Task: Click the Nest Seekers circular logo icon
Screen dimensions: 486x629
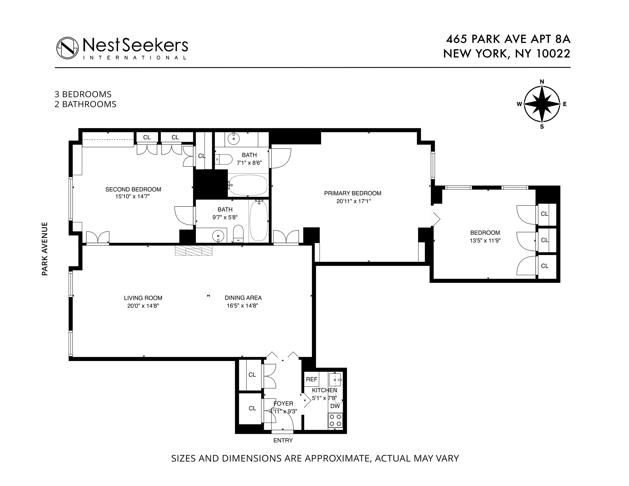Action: pyautogui.click(x=67, y=48)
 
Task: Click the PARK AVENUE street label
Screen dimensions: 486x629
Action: pyautogui.click(x=45, y=249)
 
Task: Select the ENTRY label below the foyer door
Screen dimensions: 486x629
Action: pyautogui.click(x=283, y=441)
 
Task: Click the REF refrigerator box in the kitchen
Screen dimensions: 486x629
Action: pyautogui.click(x=312, y=379)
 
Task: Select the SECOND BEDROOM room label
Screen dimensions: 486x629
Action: pyautogui.click(x=133, y=189)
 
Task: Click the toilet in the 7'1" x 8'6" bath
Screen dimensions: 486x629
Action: pyautogui.click(x=224, y=159)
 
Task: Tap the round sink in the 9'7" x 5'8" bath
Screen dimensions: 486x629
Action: pyautogui.click(x=218, y=236)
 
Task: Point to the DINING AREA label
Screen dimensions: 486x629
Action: pyautogui.click(x=243, y=298)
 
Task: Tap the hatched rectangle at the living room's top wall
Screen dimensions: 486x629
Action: pyautogui.click(x=194, y=250)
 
